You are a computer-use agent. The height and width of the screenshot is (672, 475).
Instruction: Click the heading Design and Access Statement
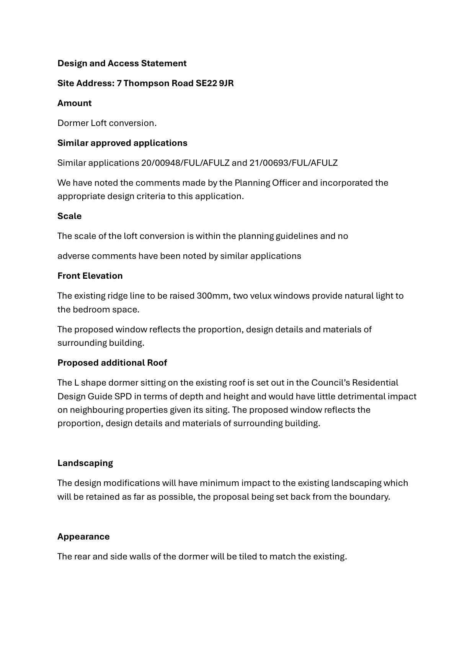tap(122, 63)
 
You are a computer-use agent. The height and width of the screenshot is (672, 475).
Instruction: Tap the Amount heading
tap(74, 103)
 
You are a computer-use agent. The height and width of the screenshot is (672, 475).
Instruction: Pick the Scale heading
tap(69, 216)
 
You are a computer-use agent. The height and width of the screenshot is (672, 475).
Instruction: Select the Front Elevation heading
tap(90, 276)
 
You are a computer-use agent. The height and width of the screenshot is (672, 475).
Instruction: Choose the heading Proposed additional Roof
tap(112, 363)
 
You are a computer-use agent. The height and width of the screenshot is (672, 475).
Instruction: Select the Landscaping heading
tap(85, 463)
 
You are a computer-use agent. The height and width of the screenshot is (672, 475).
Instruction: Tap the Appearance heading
tap(83, 536)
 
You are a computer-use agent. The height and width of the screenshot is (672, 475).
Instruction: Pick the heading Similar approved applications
tap(122, 143)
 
